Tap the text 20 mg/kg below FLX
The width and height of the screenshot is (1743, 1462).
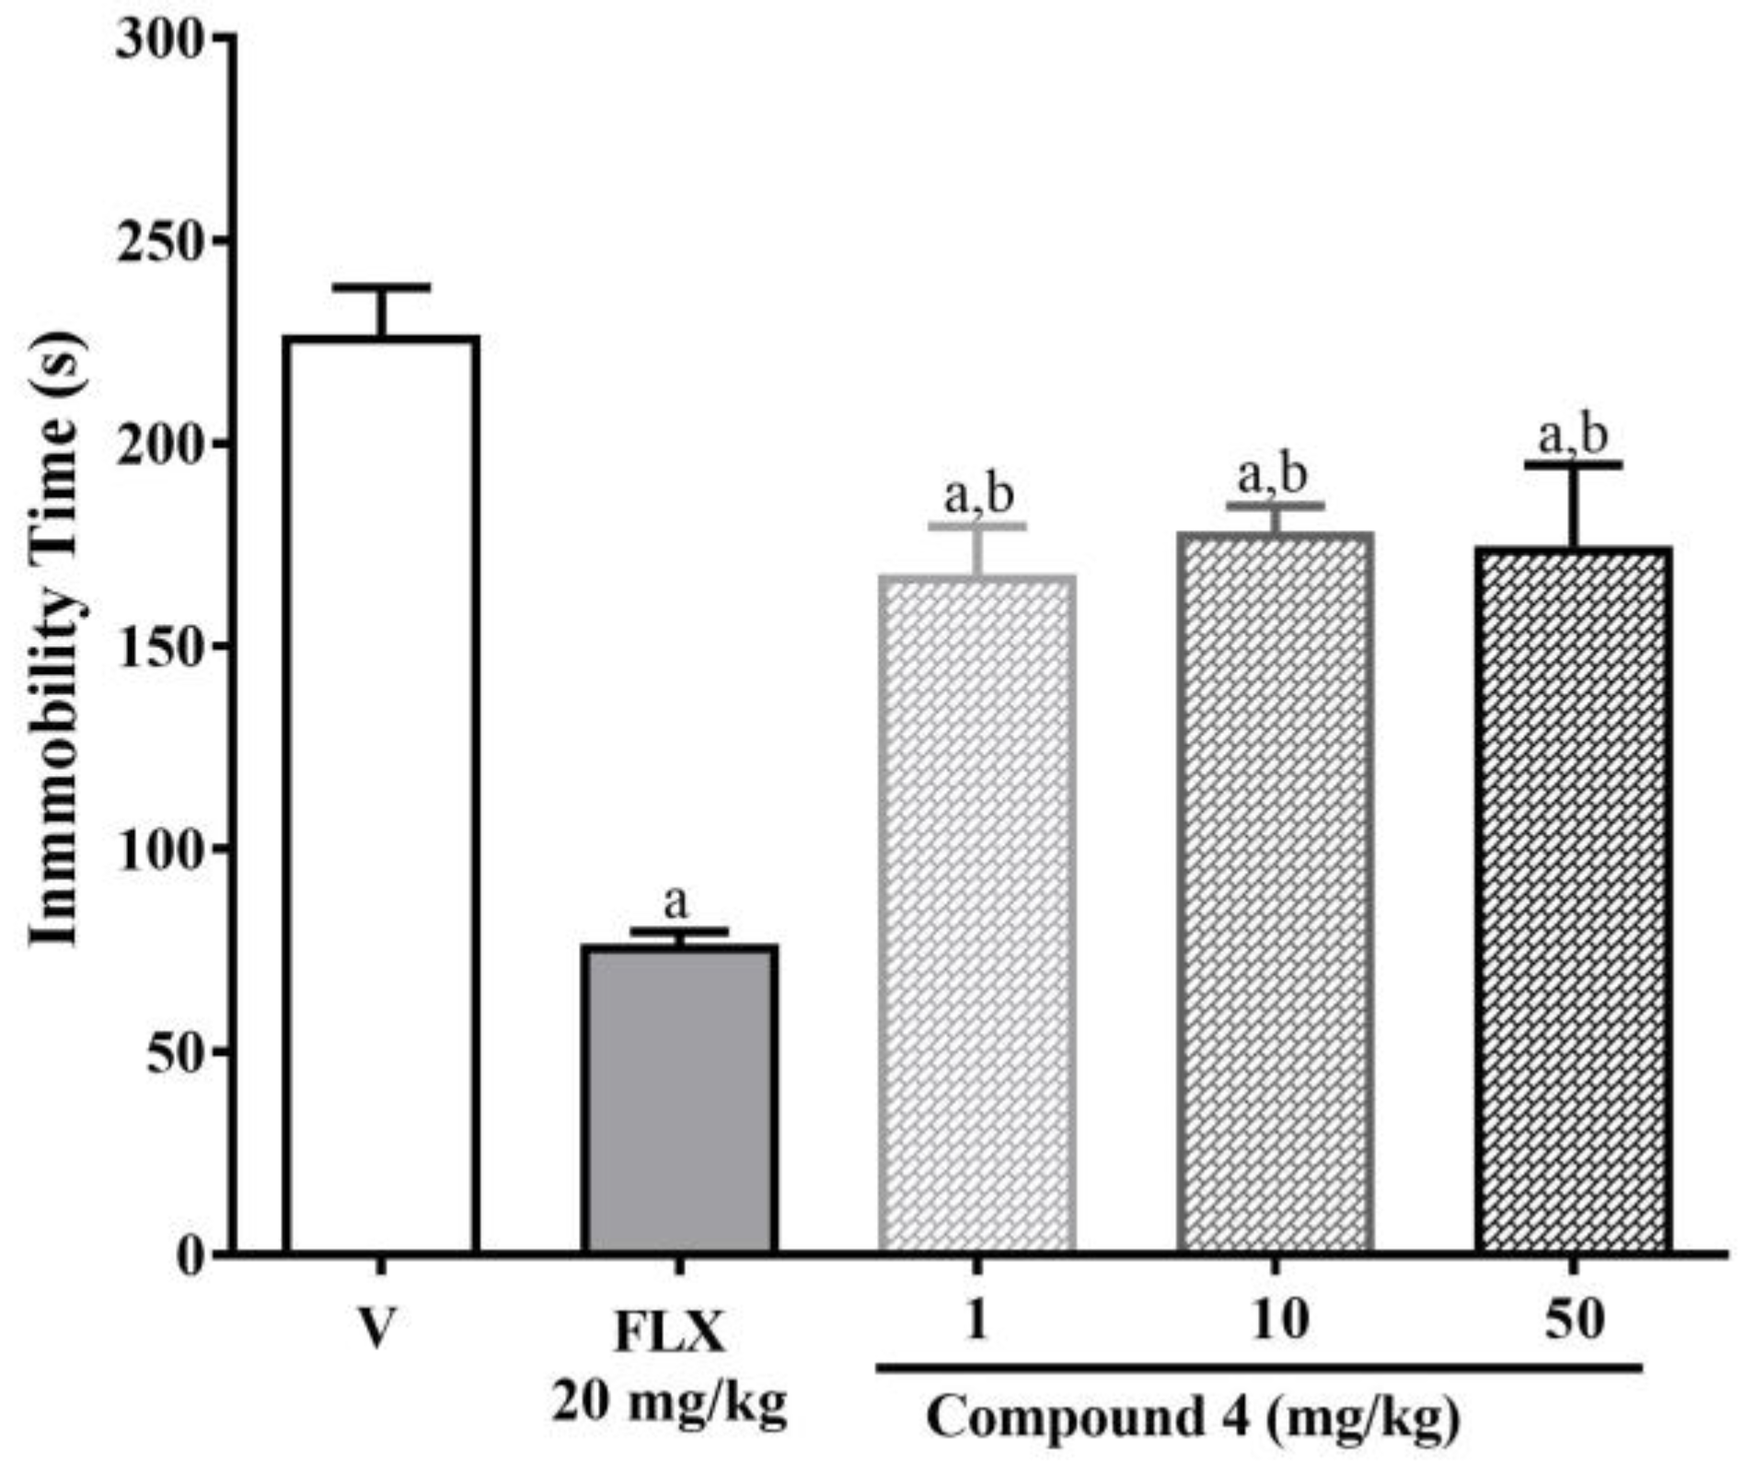(x=670, y=1404)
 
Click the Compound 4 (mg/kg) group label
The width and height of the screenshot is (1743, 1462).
(x=1193, y=1419)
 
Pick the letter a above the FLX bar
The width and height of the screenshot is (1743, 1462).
(x=676, y=903)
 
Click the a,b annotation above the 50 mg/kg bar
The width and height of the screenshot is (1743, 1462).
(x=1574, y=435)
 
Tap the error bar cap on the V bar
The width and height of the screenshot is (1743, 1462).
(x=381, y=287)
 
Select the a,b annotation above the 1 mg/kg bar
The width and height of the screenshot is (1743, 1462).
(x=979, y=494)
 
